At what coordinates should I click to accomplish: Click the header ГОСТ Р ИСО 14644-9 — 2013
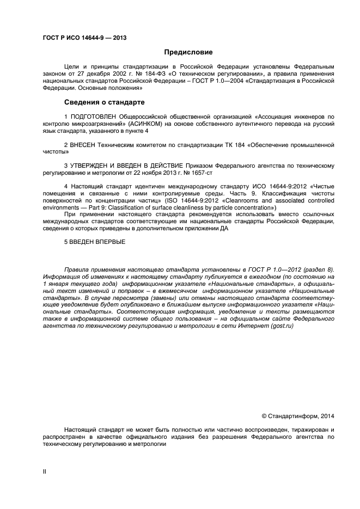point(84,38)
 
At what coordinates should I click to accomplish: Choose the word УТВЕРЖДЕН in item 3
point(91,165)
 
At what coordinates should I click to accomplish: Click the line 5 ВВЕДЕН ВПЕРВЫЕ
point(95,242)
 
